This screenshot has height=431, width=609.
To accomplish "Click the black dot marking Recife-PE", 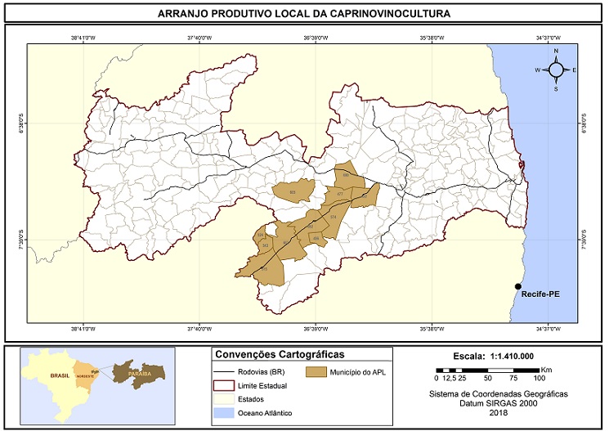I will [517, 286].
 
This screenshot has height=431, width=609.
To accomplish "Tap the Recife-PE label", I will [540, 293].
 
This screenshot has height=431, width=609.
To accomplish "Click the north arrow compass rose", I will [556, 70].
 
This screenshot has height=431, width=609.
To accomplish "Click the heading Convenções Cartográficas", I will [279, 355].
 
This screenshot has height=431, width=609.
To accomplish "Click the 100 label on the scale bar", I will [540, 379].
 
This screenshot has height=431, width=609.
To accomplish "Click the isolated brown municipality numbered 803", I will [293, 192].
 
